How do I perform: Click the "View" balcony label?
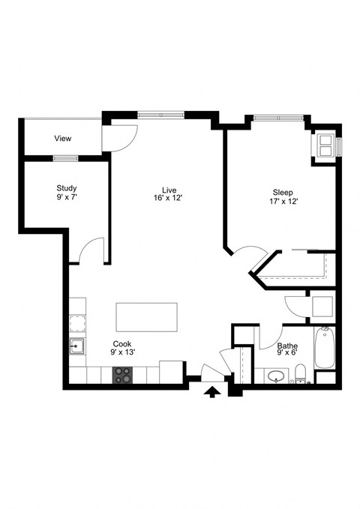pos(63,139)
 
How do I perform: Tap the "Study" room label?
pos(66,188)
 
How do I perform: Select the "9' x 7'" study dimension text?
pos(66,198)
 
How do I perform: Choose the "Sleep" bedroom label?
pos(283,192)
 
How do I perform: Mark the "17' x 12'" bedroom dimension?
pos(283,202)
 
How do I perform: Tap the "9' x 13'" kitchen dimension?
pos(122,352)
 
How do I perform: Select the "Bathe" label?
pos(287,346)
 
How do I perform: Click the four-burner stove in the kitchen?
pos(122,374)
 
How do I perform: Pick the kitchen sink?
pos(76,346)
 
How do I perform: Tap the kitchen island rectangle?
pos(146,318)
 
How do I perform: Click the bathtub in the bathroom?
pos(324,349)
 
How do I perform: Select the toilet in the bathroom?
pos(300,373)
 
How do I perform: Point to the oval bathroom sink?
pos(277,375)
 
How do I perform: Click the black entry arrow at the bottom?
pos(212,391)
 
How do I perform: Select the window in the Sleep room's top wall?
pos(278,118)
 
